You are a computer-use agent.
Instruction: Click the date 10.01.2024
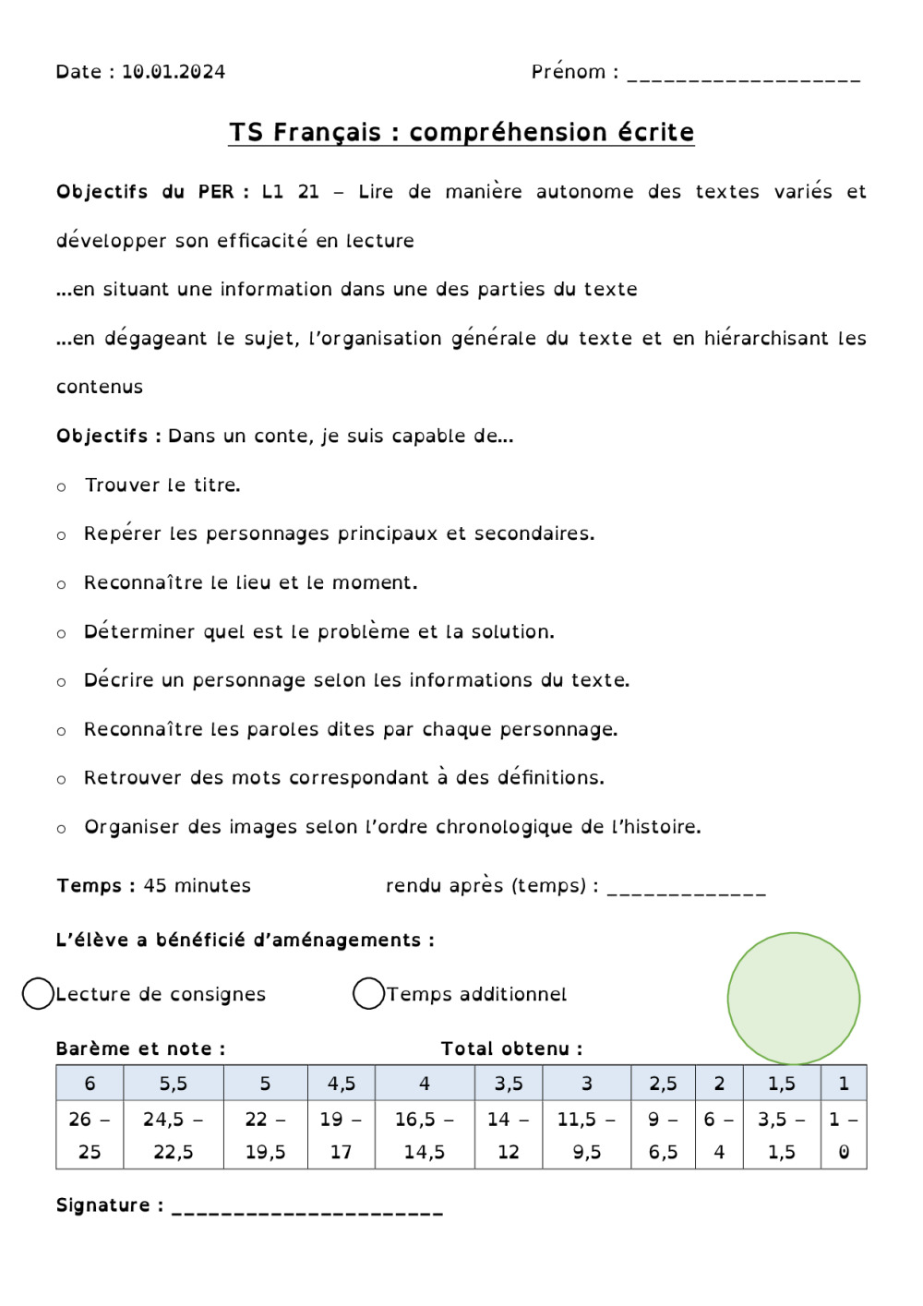pyautogui.click(x=174, y=72)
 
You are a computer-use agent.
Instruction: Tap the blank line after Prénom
pyautogui.click(x=743, y=78)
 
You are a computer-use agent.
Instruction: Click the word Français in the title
pyautogui.click(x=327, y=133)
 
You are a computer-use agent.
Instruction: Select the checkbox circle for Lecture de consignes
pyautogui.click(x=38, y=994)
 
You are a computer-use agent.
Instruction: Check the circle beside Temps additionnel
pyautogui.click(x=368, y=994)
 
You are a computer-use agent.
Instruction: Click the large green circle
pyautogui.click(x=793, y=998)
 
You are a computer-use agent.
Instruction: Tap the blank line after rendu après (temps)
pyautogui.click(x=686, y=892)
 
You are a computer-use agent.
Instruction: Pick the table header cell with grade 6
pyautogui.click(x=90, y=1084)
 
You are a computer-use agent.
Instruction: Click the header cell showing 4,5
pyautogui.click(x=342, y=1084)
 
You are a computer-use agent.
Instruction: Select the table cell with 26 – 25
pyautogui.click(x=90, y=1135)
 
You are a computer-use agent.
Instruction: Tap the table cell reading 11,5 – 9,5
pyautogui.click(x=586, y=1135)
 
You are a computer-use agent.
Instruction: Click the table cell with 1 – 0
pyautogui.click(x=844, y=1135)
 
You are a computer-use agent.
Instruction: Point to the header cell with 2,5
pyautogui.click(x=663, y=1084)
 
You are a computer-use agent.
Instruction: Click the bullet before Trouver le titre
pyautogui.click(x=62, y=486)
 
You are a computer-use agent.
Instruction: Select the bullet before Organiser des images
pyautogui.click(x=62, y=829)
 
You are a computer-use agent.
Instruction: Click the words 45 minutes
pyautogui.click(x=198, y=886)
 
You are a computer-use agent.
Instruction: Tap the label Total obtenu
pyautogui.click(x=511, y=1048)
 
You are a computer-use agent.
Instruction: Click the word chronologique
pyautogui.click(x=504, y=827)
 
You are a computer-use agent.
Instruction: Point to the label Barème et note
pyautogui.click(x=140, y=1048)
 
